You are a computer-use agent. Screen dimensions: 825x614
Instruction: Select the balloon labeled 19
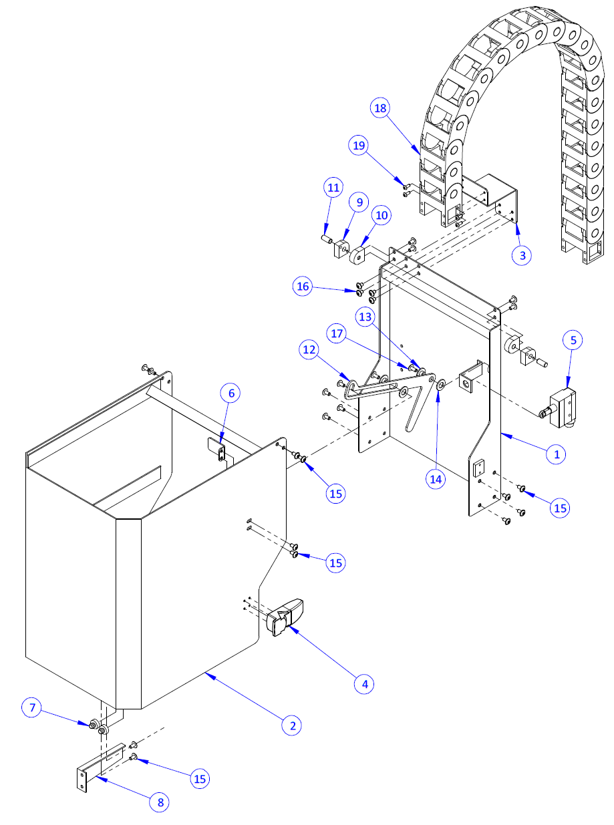tap(359, 145)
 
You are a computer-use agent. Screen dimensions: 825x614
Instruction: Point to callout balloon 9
tap(359, 201)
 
